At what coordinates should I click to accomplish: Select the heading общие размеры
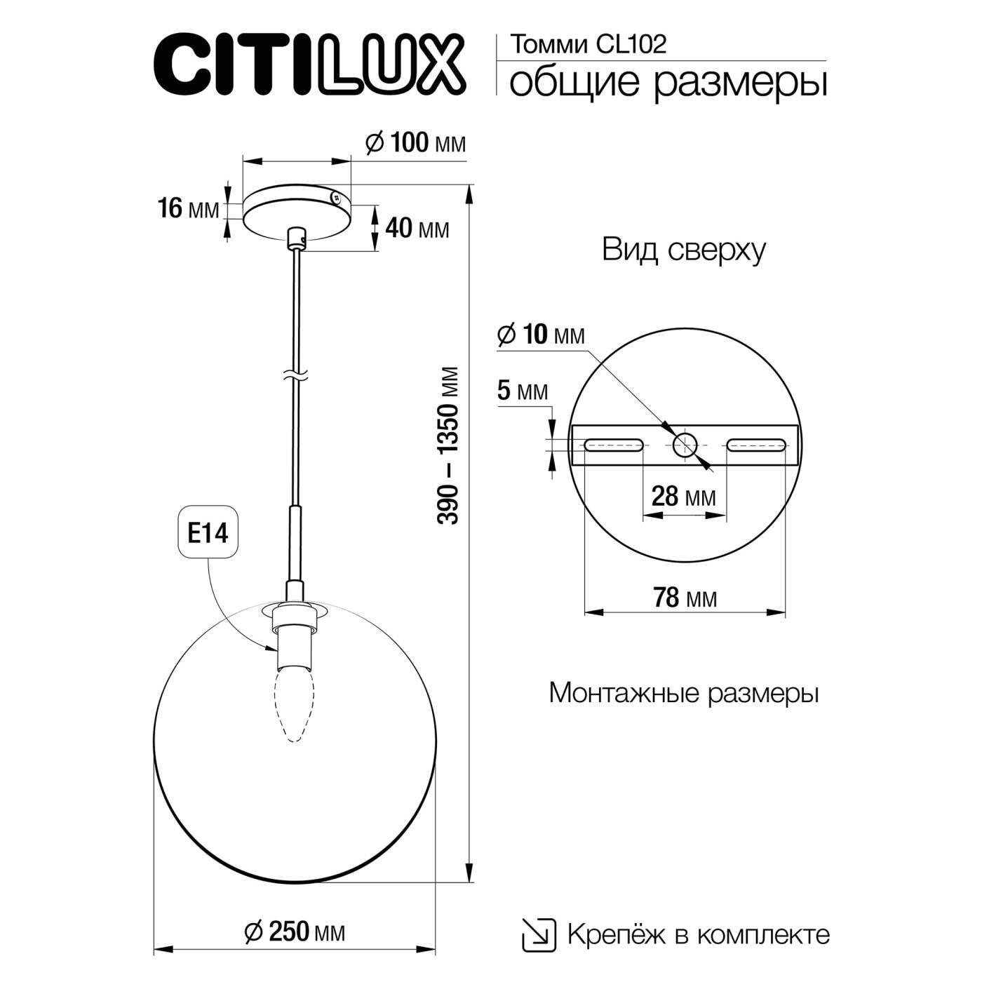click(668, 83)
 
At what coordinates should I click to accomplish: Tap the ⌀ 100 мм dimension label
click(416, 143)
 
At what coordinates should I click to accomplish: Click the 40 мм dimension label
click(417, 228)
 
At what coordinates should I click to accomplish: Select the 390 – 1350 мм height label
click(449, 445)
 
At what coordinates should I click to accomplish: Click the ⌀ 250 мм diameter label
click(295, 931)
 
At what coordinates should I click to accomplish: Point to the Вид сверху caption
click(683, 250)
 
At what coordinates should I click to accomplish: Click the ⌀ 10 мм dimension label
click(540, 335)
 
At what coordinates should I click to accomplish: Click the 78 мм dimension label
click(685, 597)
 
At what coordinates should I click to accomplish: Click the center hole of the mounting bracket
click(685, 444)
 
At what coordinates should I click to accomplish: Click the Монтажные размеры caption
click(683, 693)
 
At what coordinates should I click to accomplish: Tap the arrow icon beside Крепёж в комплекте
click(539, 935)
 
